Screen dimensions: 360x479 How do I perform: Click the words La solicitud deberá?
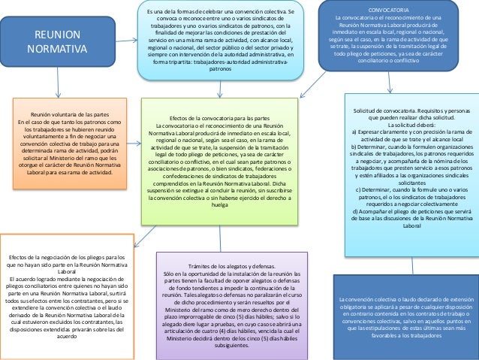pos(412,125)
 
